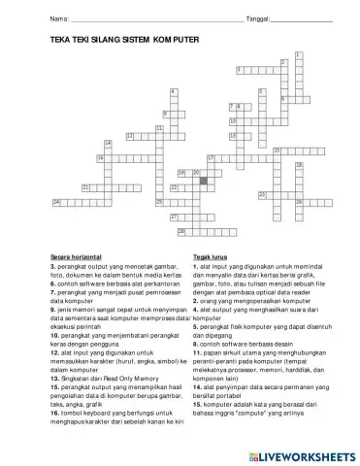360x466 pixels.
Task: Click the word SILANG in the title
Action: pos(101,41)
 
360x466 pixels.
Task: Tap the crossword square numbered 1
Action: pos(298,54)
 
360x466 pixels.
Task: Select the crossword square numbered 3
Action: pos(240,69)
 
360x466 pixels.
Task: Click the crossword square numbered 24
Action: pos(57,201)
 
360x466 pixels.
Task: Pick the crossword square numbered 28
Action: pos(180,232)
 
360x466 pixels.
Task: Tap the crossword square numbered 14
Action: pos(108,143)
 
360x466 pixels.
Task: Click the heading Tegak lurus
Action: pos(210,256)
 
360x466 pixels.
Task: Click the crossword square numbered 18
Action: pos(298,164)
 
